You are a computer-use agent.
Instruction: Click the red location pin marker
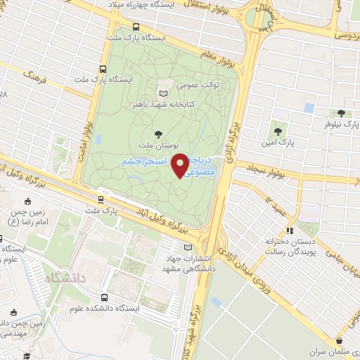(x=181, y=165)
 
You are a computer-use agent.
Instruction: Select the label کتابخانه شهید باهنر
(x=163, y=104)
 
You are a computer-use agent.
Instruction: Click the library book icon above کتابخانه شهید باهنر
(x=164, y=93)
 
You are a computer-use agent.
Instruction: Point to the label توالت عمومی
(x=198, y=85)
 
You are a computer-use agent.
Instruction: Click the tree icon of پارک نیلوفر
(x=341, y=112)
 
